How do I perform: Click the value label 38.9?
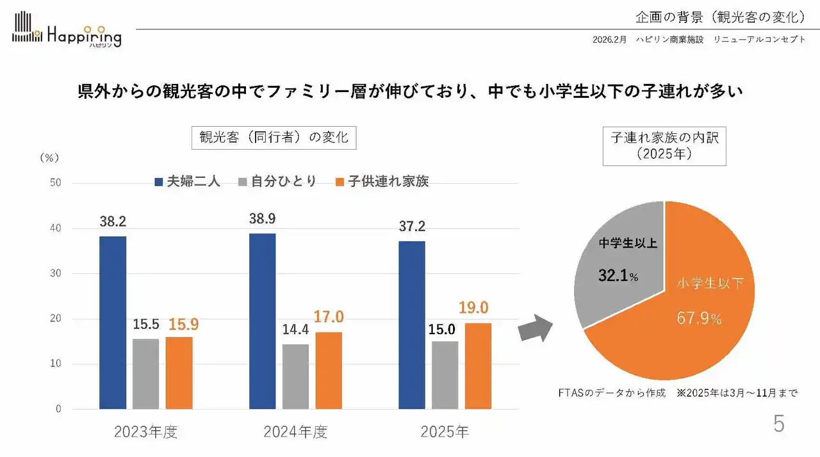coord(262,219)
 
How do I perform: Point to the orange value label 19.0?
coord(474,308)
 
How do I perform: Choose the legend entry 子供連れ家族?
coord(382,181)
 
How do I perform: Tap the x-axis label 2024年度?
coord(295,432)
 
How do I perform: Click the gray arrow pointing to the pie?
coord(534,328)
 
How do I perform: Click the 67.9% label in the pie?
coord(699,318)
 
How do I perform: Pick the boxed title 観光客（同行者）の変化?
coord(274,137)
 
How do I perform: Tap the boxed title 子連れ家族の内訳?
coord(664,146)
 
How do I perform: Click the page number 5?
coord(778,424)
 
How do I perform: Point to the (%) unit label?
coord(49,157)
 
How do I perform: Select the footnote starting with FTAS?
coord(678,392)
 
